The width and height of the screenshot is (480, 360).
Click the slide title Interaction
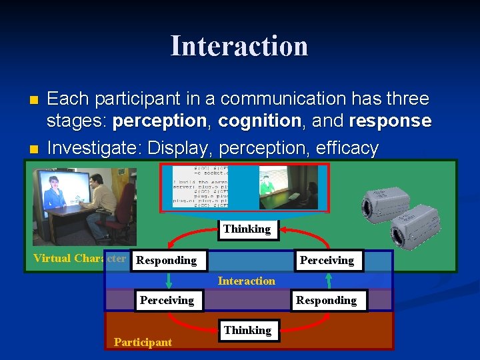tap(239, 46)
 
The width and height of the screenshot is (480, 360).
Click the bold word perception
tap(159, 121)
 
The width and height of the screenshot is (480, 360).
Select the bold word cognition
tap(259, 121)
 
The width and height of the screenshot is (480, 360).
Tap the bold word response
tap(390, 121)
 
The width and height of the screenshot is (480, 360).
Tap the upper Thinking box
tap(247, 229)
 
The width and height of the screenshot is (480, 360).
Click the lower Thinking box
tap(248, 330)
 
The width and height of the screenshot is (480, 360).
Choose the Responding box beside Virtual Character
tap(167, 260)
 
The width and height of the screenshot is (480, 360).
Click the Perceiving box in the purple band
tap(167, 300)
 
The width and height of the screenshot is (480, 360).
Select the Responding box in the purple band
tap(327, 300)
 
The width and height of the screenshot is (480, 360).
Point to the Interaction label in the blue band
tap(246, 281)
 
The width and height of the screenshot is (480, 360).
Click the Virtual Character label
tap(79, 258)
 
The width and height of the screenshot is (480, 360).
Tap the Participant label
tap(143, 342)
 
